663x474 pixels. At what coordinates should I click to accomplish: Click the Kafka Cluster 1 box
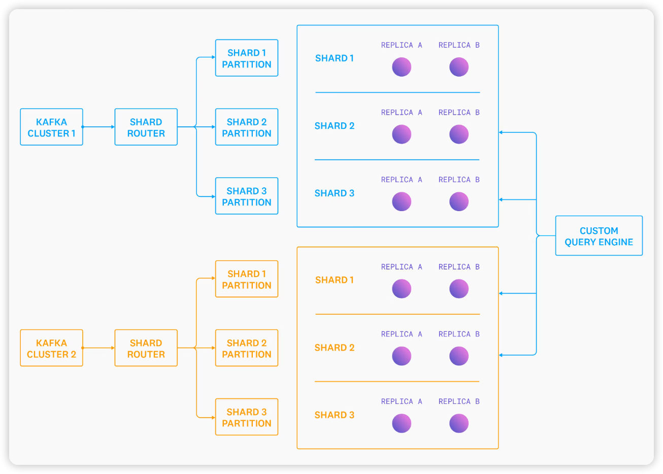[51, 127]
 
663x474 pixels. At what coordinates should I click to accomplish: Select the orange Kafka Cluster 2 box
[51, 348]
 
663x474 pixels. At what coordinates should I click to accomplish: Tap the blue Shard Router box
[146, 127]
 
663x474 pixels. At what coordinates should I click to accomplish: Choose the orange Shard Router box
[146, 348]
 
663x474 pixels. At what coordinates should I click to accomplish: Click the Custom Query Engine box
[599, 236]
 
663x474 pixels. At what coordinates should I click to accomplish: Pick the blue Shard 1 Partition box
[247, 58]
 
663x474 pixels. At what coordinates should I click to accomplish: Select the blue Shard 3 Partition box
[247, 196]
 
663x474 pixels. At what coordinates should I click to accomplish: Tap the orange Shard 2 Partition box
[247, 348]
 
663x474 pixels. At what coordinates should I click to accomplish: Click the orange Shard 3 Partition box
[247, 417]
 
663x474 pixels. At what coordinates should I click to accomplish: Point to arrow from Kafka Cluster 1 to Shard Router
[98, 127]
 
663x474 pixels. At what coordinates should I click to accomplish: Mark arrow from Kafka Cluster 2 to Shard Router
[98, 348]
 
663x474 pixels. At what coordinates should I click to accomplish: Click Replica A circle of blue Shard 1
[402, 67]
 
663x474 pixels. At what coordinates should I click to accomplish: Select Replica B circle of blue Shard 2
[459, 134]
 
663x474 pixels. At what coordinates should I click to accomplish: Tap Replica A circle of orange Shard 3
[402, 423]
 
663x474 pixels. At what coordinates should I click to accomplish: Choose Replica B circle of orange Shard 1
[459, 289]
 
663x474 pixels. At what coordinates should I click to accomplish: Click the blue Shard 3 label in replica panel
[334, 193]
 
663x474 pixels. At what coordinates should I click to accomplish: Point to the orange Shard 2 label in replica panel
[334, 348]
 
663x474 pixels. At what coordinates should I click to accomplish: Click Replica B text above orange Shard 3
[459, 401]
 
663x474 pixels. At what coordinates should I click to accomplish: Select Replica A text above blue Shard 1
[402, 45]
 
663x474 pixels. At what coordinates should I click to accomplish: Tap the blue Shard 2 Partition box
[247, 127]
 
